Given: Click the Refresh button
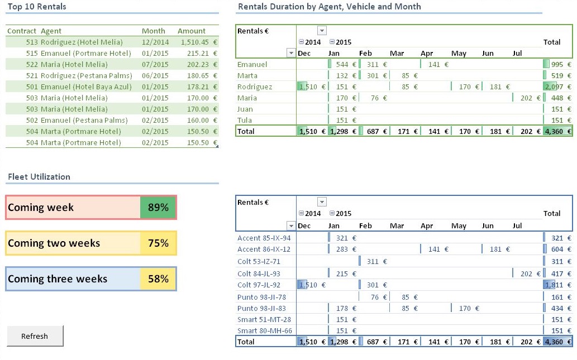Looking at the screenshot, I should pyautogui.click(x=35, y=336).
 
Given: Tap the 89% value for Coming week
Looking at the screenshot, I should pyautogui.click(x=158, y=208).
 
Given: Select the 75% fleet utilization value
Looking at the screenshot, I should pyautogui.click(x=158, y=243).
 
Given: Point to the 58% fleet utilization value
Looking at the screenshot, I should pyautogui.click(x=158, y=279).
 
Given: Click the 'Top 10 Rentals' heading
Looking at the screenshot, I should pyautogui.click(x=37, y=7).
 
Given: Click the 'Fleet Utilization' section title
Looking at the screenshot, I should pyautogui.click(x=39, y=177).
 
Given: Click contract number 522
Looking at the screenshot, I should pyautogui.click(x=31, y=64).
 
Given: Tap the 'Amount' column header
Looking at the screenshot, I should pyautogui.click(x=192, y=31).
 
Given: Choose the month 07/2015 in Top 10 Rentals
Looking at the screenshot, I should pyautogui.click(x=155, y=64).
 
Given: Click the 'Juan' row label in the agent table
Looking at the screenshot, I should pyautogui.click(x=245, y=109).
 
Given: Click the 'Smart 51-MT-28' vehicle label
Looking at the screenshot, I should pyautogui.click(x=265, y=319).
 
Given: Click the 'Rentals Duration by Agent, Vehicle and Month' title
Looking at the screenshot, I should pyautogui.click(x=329, y=7).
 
